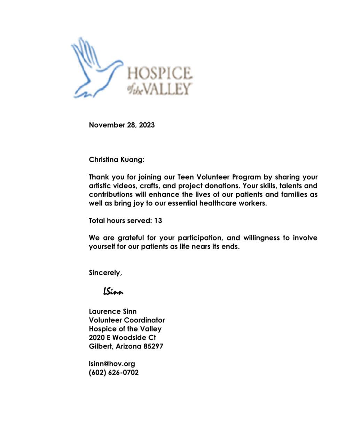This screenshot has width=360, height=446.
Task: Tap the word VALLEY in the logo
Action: (167, 89)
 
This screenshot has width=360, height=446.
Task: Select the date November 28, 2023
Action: (122, 125)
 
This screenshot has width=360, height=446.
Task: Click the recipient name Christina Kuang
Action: (116, 160)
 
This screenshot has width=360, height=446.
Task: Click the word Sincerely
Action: (105, 273)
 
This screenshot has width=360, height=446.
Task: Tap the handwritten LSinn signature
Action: (113, 291)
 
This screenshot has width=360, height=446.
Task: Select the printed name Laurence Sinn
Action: (113, 312)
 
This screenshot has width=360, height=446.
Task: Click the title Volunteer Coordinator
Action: (127, 320)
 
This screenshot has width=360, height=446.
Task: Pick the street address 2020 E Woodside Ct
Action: (122, 338)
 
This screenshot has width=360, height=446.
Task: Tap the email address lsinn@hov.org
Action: (112, 364)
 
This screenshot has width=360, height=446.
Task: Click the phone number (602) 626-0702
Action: (114, 372)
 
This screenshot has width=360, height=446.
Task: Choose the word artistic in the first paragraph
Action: (100, 186)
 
